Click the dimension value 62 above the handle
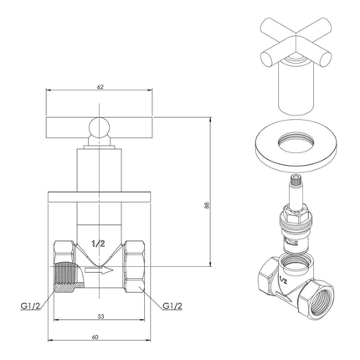click(99, 86)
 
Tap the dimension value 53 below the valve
click(99, 317)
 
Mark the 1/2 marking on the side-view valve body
click(99, 243)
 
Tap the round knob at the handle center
click(99, 127)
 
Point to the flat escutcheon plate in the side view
click(99, 196)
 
